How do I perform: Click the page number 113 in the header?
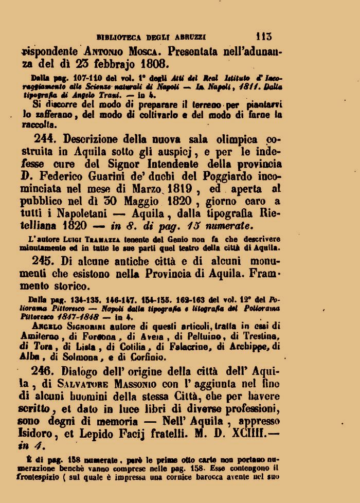[x=264, y=37]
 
